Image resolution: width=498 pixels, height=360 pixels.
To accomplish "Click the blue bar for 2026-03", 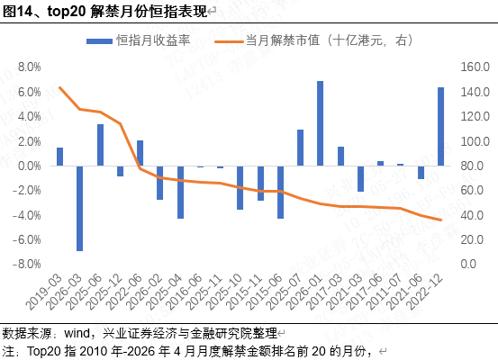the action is point(80,208).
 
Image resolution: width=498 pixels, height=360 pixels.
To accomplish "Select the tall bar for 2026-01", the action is point(321,123).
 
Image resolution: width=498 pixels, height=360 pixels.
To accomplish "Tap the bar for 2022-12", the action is point(441,127).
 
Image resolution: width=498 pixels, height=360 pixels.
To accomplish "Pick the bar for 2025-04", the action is point(180,192).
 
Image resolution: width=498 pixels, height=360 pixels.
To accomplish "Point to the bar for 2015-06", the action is point(280,192).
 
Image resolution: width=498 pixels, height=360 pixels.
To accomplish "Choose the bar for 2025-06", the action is point(100,145).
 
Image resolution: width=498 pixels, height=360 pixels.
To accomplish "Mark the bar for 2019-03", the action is point(59,157).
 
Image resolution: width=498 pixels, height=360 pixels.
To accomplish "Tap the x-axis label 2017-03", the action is point(325,292).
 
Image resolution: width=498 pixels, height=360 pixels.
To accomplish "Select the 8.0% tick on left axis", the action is point(29,67).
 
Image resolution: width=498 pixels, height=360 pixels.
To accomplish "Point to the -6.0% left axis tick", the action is point(27,239).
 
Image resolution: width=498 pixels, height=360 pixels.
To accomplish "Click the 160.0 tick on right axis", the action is point(475,67).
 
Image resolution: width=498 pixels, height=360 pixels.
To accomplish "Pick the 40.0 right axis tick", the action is point(472,215).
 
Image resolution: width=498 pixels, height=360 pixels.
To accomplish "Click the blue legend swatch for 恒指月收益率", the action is point(99,41).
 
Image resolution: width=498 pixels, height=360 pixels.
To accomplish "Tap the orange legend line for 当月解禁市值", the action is point(229,41).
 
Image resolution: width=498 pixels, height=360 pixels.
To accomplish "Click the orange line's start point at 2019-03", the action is point(59,87).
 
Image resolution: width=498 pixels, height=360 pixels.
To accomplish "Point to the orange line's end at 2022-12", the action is point(441,220).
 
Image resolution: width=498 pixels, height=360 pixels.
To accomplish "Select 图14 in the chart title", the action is point(17,12).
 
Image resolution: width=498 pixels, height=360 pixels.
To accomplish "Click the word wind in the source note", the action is point(77,333).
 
